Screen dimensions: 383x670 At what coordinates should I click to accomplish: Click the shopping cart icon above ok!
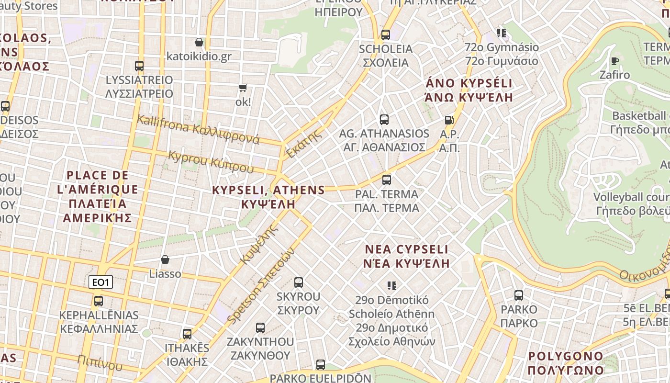[243, 88]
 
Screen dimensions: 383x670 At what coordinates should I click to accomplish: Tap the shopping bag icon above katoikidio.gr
[199, 42]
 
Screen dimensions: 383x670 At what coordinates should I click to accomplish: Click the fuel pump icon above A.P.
[449, 120]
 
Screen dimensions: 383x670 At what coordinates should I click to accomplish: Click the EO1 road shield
[100, 282]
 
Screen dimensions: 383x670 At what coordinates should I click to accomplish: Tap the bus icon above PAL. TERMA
[387, 180]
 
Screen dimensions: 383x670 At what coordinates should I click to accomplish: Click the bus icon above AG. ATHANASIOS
[384, 119]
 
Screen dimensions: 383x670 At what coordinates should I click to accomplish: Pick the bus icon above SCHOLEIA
[385, 34]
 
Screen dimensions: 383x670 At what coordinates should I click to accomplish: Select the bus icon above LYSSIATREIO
[139, 66]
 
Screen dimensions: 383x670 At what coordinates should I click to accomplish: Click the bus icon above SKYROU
[299, 282]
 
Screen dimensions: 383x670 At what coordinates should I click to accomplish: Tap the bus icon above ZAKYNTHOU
[260, 328]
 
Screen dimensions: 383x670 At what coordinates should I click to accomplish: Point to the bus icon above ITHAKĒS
[187, 334]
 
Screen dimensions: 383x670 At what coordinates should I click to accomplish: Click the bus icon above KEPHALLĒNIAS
[99, 301]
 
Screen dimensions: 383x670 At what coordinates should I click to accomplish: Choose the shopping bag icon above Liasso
[165, 259]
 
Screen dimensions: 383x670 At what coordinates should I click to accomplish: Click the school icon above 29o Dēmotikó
[392, 286]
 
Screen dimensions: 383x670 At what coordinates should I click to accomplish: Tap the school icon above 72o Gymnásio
[502, 33]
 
